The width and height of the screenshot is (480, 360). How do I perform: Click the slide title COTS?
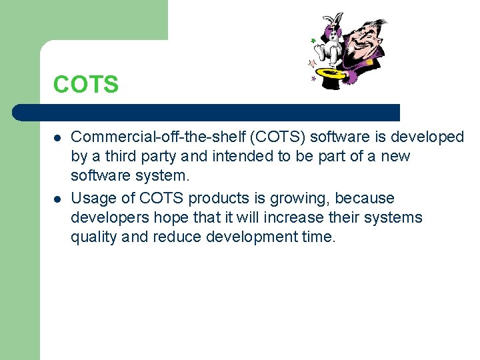pyautogui.click(x=86, y=85)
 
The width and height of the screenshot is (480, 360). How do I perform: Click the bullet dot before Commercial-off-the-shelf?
pyautogui.click(x=58, y=137)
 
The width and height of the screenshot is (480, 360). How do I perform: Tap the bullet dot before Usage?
pyautogui.click(x=58, y=199)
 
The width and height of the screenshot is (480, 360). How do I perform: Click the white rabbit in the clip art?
pyautogui.click(x=331, y=40)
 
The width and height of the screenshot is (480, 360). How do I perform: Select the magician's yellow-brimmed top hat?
pyautogui.click(x=331, y=73)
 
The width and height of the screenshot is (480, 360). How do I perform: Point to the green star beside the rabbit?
pyautogui.click(x=313, y=41)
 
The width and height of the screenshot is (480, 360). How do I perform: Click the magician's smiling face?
pyautogui.click(x=365, y=40)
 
